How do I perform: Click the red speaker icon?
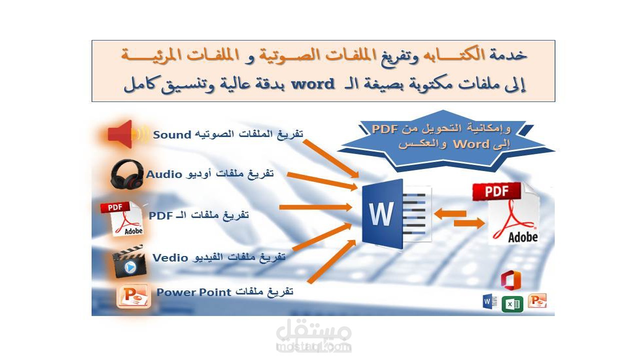pyautogui.click(x=121, y=134)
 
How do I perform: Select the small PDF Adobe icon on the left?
pyautogui.click(x=122, y=218)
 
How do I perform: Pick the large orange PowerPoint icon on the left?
pyautogui.click(x=133, y=296)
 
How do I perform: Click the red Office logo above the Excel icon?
pyautogui.click(x=511, y=280)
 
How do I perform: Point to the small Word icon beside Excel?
pyautogui.click(x=489, y=302)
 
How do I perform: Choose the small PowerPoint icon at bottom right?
pyautogui.click(x=537, y=300)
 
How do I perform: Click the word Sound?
pyautogui.click(x=172, y=134)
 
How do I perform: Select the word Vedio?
pyautogui.click(x=170, y=257)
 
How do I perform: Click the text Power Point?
pyautogui.click(x=194, y=292)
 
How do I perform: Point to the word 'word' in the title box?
pyautogui.click(x=313, y=84)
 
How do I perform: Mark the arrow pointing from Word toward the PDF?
pyautogui.click(x=469, y=223)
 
